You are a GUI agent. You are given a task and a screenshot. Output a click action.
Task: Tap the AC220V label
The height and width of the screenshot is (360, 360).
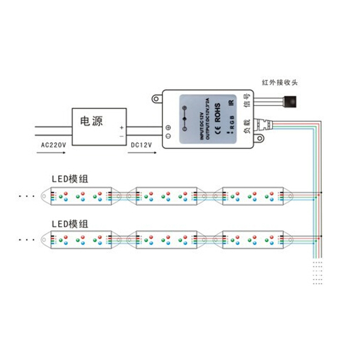click(x=54, y=145)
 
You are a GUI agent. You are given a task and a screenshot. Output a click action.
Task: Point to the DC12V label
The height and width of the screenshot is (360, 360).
click(x=141, y=145)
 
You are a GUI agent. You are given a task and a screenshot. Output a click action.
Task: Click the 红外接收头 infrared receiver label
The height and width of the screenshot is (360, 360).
click(x=280, y=83)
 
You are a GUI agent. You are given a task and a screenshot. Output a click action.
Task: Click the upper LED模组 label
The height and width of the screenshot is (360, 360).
click(x=69, y=179)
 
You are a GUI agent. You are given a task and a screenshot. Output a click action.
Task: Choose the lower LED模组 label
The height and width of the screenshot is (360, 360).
click(x=69, y=223)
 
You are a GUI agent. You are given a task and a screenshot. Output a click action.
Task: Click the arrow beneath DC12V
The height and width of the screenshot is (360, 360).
click(x=141, y=153)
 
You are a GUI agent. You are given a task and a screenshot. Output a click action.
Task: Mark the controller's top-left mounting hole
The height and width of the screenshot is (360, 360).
click(x=157, y=99)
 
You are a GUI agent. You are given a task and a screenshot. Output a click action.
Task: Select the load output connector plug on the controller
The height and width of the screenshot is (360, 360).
click(x=266, y=122)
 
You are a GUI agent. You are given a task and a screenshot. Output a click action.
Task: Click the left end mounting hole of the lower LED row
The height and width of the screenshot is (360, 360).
click(x=44, y=240)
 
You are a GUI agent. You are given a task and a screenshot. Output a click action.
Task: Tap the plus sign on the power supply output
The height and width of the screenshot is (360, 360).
click(x=122, y=128)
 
